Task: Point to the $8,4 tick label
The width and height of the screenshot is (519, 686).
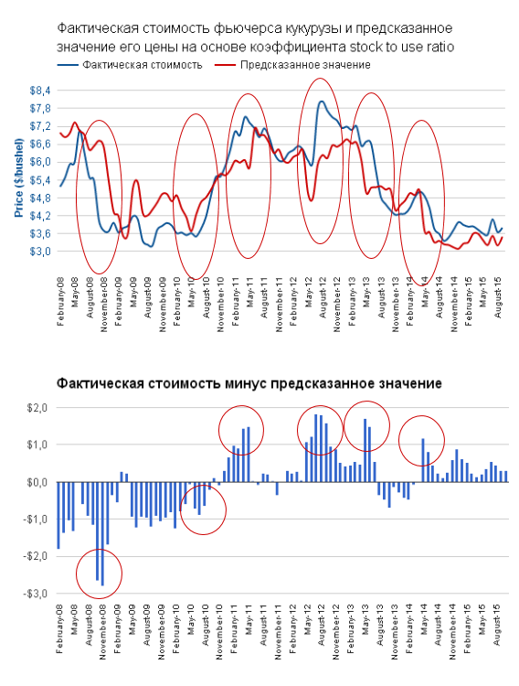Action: click(40, 91)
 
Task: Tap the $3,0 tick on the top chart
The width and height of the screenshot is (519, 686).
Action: click(40, 252)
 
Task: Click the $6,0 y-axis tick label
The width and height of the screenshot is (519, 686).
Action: click(40, 162)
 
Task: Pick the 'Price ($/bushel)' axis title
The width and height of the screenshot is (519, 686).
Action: click(19, 177)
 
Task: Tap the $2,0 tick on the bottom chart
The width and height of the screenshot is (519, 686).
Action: click(37, 408)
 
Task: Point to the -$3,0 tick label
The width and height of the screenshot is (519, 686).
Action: click(37, 594)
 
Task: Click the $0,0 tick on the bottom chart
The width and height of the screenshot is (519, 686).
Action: click(37, 482)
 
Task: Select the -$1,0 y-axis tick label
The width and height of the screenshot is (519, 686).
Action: click(37, 520)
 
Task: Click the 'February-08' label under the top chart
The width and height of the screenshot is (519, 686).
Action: click(60, 302)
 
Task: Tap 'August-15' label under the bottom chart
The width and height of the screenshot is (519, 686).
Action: click(497, 624)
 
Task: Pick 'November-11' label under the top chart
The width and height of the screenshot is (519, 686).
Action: click(279, 305)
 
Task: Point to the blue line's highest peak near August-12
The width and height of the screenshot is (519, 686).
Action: click(322, 102)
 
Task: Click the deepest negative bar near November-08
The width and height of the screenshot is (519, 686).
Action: click(102, 533)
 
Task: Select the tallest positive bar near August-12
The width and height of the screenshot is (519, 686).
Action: click(315, 448)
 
